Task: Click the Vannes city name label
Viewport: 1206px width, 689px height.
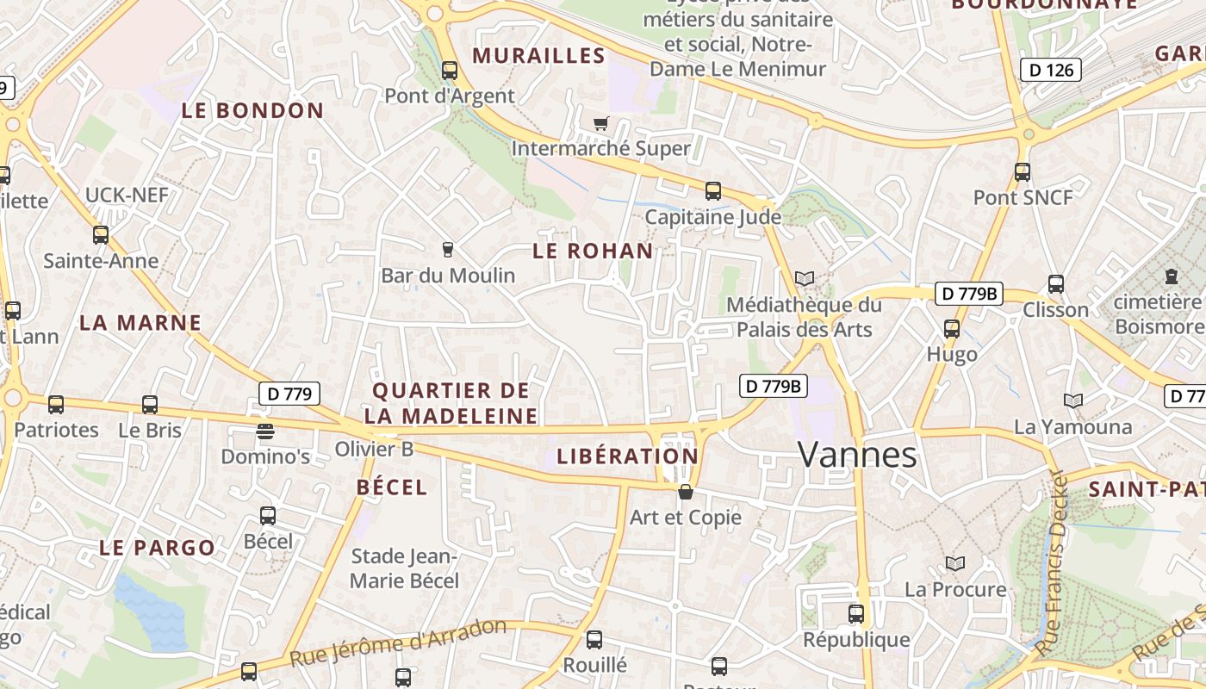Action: (857, 454)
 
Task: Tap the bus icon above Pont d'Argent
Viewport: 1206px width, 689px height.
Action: (449, 71)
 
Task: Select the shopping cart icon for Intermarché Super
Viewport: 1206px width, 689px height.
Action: (600, 124)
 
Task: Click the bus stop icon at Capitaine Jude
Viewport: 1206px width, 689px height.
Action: (712, 191)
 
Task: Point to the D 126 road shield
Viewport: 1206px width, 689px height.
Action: (1050, 70)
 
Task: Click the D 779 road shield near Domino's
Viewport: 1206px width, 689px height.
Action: (289, 394)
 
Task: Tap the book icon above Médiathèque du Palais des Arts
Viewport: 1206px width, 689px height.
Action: (804, 279)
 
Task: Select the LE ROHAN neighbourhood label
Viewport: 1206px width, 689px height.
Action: (593, 251)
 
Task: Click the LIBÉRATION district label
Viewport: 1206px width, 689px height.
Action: (627, 456)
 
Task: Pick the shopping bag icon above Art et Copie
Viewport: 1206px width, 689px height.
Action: (686, 492)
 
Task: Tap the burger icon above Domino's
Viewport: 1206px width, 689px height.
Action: (264, 431)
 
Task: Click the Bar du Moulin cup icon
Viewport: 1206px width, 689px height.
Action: (447, 250)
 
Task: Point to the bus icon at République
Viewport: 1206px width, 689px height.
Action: (855, 614)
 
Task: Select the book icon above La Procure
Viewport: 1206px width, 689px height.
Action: (954, 564)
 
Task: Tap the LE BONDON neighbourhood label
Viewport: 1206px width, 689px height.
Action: (252, 110)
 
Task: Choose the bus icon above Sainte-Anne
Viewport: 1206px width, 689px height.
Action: (101, 234)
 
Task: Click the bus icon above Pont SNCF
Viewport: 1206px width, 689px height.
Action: (1022, 172)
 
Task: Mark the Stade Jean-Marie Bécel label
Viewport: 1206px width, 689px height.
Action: (404, 568)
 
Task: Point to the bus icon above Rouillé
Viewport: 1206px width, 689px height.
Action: (594, 640)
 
